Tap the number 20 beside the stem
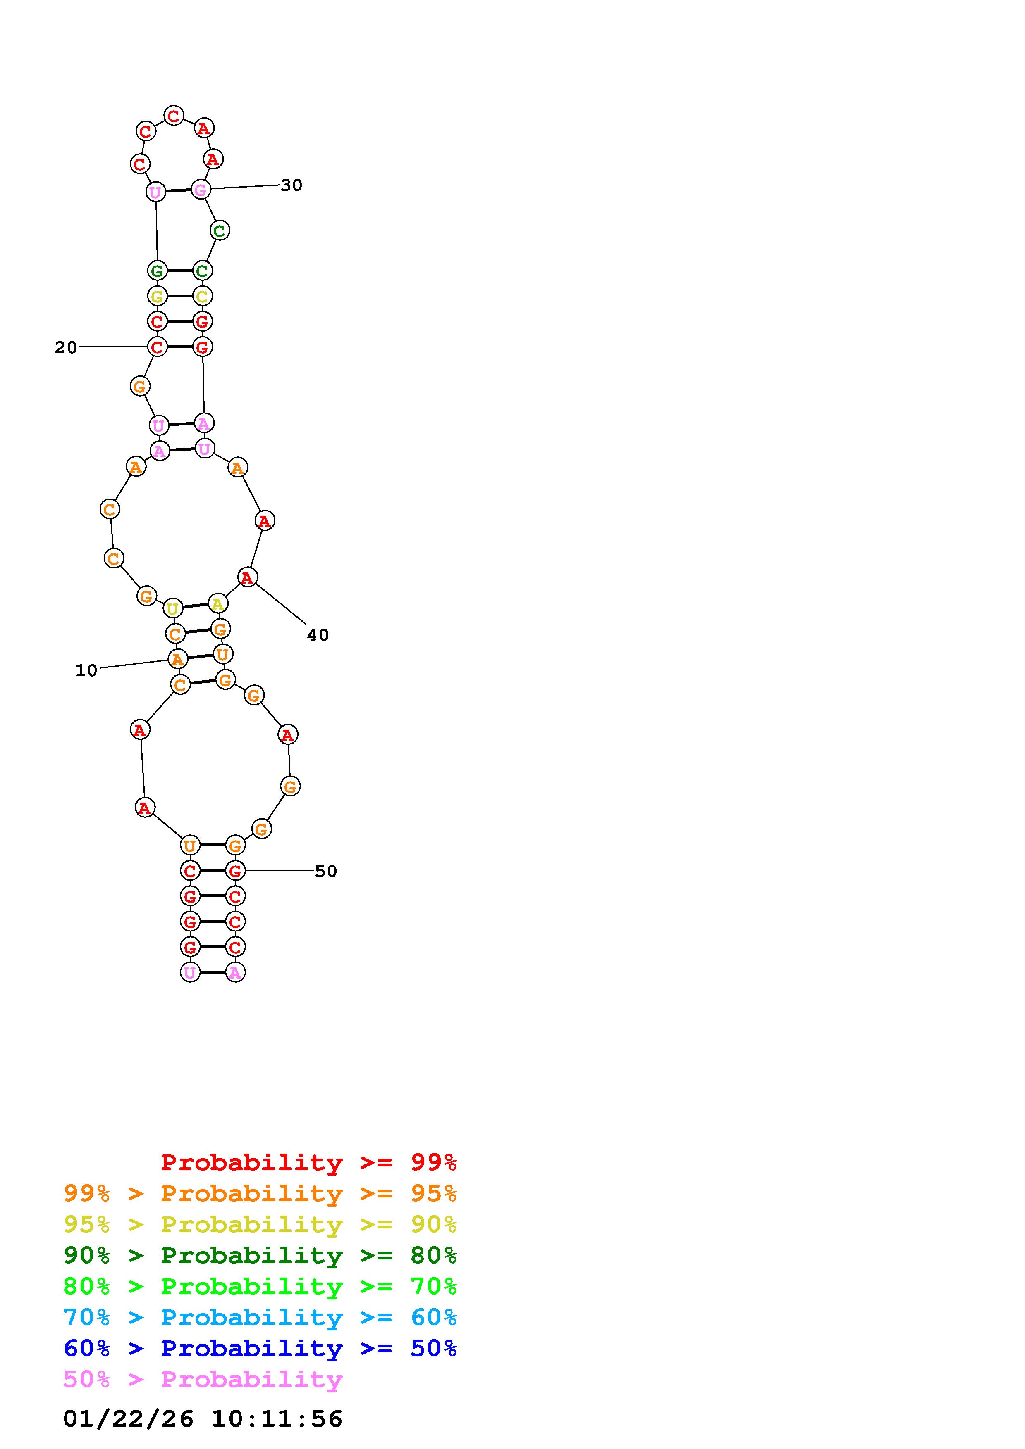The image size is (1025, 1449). (66, 347)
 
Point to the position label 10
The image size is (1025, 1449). (86, 670)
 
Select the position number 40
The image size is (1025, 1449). (318, 635)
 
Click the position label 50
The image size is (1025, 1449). (326, 871)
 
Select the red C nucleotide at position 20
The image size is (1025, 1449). (157, 347)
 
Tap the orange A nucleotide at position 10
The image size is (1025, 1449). (178, 660)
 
